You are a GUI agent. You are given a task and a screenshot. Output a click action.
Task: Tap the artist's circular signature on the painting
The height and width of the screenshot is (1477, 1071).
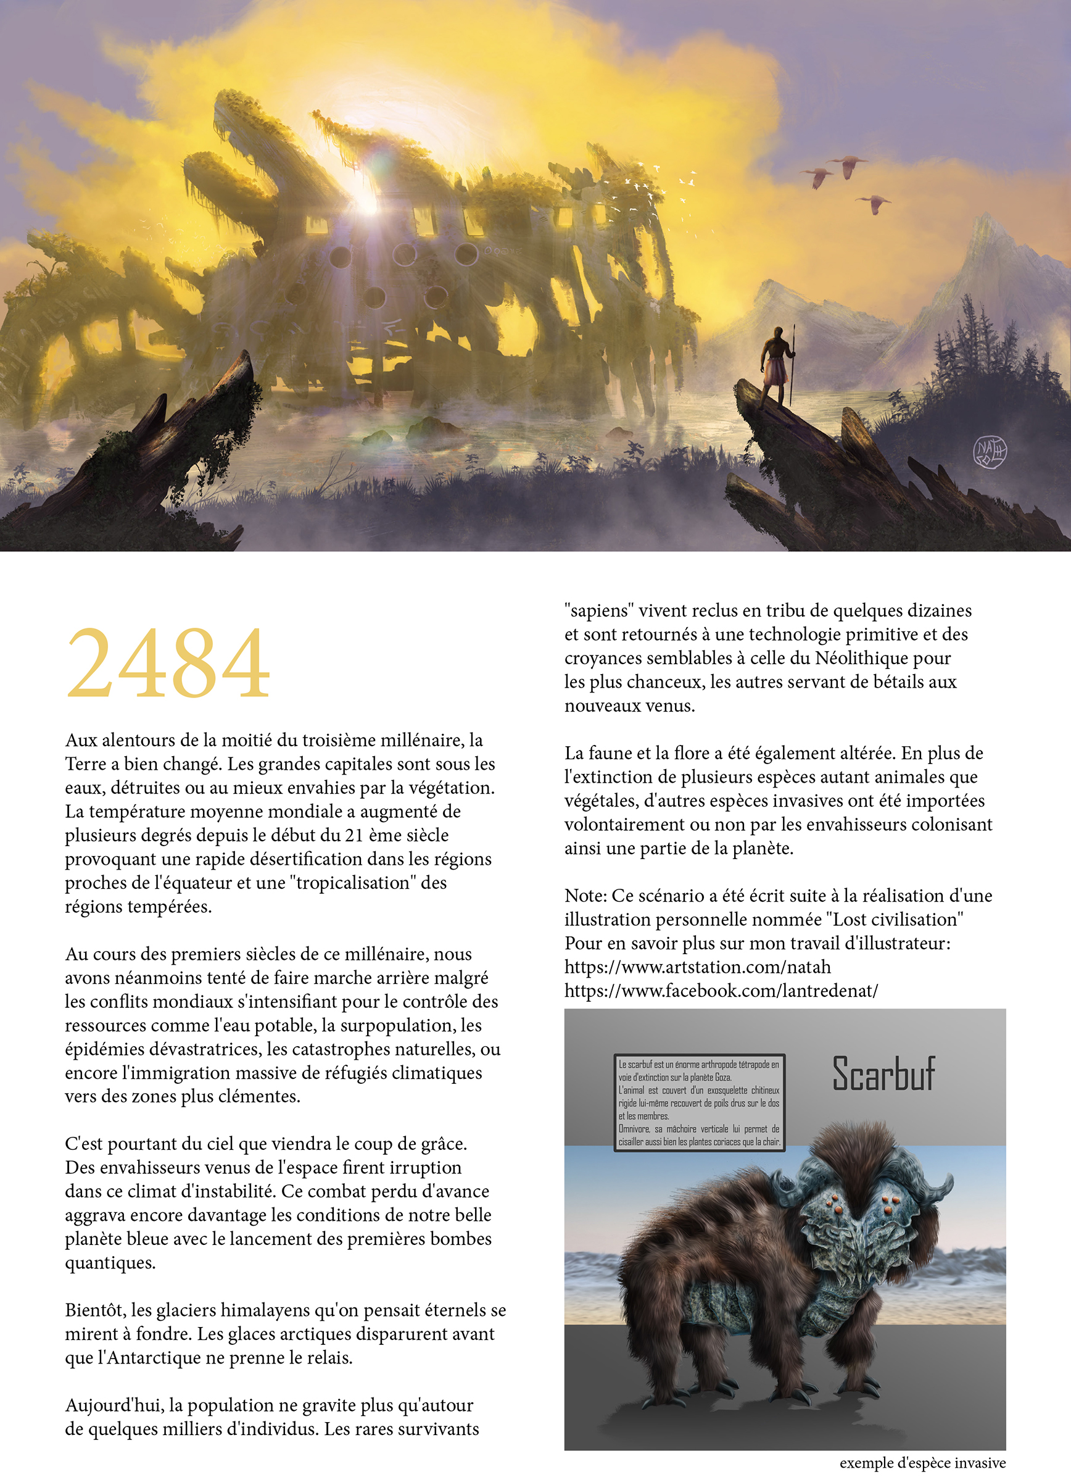click(989, 451)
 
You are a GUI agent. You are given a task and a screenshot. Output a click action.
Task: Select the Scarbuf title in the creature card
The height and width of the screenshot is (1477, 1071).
click(883, 1074)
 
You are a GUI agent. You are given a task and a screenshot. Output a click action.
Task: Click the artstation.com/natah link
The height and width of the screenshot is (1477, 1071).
click(697, 967)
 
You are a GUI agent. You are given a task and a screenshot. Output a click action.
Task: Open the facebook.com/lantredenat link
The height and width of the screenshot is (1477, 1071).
click(721, 991)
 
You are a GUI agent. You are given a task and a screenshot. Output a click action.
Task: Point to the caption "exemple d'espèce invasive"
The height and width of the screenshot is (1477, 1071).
click(922, 1463)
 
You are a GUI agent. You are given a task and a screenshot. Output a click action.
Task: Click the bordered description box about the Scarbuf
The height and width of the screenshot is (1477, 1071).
click(698, 1102)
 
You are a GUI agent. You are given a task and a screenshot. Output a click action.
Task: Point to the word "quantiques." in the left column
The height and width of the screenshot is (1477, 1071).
click(110, 1263)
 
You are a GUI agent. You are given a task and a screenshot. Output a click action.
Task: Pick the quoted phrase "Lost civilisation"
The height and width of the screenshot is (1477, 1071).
click(895, 920)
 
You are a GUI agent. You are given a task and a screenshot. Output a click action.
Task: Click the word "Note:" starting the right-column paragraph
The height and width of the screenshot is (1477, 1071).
click(585, 896)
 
